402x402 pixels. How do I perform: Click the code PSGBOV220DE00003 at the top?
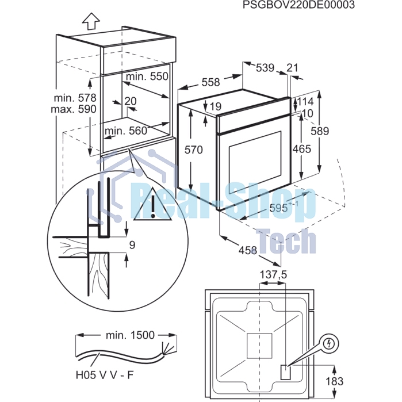[298, 5]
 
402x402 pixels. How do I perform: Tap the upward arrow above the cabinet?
[91, 21]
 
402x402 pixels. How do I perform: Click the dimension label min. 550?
[147, 76]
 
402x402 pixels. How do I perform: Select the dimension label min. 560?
[126, 131]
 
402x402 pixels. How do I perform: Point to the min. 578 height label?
[75, 98]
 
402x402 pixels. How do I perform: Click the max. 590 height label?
[74, 109]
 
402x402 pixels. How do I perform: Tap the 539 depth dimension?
[265, 68]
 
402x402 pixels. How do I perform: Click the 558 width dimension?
[210, 82]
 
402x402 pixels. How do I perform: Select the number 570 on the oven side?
[194, 150]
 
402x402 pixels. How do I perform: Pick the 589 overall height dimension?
[320, 131]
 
